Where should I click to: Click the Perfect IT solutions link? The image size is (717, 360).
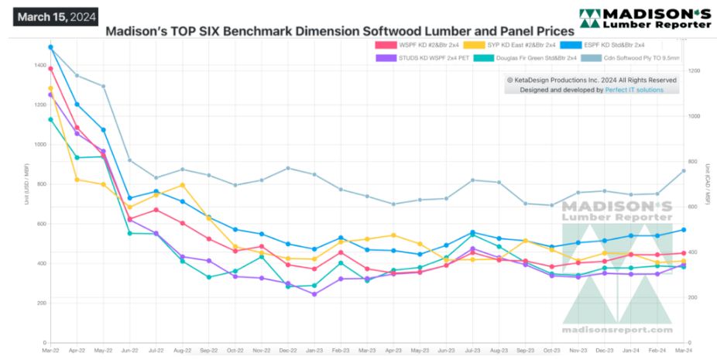[634, 90]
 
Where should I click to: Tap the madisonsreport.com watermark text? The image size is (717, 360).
[617, 328]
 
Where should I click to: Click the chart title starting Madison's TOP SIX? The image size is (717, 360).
[340, 32]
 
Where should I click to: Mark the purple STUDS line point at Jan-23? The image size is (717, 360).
[314, 294]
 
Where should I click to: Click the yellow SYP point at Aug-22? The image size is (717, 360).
[183, 185]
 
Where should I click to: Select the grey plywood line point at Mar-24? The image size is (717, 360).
[684, 170]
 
